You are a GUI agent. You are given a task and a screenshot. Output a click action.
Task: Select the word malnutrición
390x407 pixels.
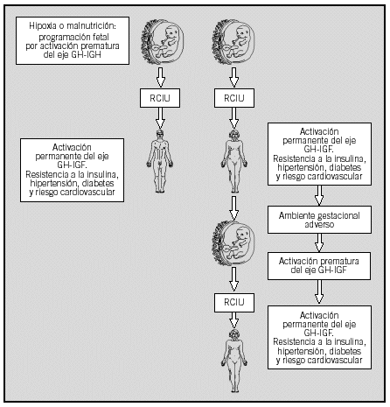(91, 26)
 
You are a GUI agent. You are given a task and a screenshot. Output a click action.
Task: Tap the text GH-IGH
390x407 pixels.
(87, 54)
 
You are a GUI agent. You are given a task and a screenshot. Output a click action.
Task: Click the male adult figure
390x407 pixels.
(160, 161)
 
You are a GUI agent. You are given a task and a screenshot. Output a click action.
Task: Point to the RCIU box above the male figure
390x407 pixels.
(160, 98)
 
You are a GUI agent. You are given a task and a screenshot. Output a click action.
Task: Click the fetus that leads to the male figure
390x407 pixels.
(163, 42)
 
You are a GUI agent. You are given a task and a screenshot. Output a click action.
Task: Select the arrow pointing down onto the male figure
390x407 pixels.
(160, 118)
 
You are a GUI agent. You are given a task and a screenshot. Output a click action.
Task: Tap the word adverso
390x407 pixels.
(319, 224)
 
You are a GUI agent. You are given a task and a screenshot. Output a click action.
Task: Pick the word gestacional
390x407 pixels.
(338, 216)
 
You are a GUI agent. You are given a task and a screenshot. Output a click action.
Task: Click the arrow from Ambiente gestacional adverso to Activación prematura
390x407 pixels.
(319, 242)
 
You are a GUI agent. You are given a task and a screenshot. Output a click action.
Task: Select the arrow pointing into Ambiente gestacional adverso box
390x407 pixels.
(319, 195)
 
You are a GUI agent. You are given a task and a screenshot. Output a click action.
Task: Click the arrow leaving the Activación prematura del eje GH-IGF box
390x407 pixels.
(319, 292)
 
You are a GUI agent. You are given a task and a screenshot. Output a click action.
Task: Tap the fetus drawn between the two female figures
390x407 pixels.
(233, 243)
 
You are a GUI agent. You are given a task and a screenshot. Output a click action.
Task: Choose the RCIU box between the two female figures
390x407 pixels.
(234, 303)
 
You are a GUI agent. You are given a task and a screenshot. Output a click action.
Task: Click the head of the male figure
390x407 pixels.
(160, 134)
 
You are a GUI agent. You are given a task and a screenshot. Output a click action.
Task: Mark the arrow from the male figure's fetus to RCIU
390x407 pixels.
(160, 78)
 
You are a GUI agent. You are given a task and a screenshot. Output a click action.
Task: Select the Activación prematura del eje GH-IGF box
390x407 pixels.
(319, 266)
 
